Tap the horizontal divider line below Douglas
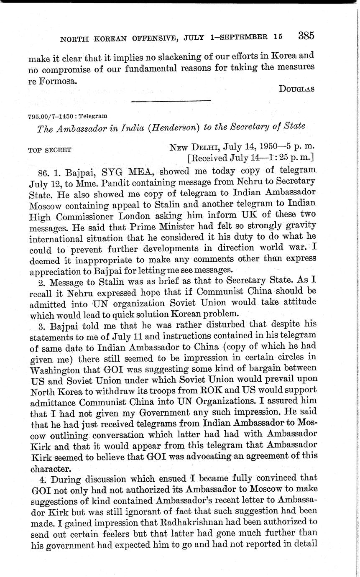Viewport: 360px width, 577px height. (171, 101)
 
